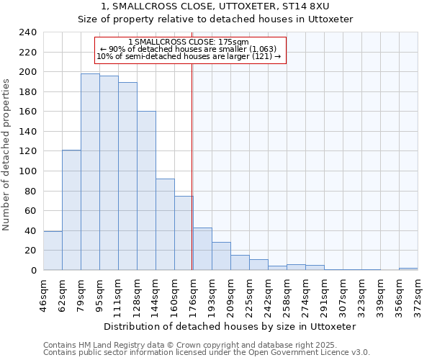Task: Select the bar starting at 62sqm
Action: pos(71,210)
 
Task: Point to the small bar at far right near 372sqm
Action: pos(408,269)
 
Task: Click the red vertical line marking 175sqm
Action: pos(192,166)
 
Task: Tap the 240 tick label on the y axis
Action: pos(27,32)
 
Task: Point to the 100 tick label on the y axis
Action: pos(27,171)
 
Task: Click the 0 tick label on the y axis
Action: pos(34,270)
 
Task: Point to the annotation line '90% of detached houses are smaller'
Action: pos(191,49)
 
